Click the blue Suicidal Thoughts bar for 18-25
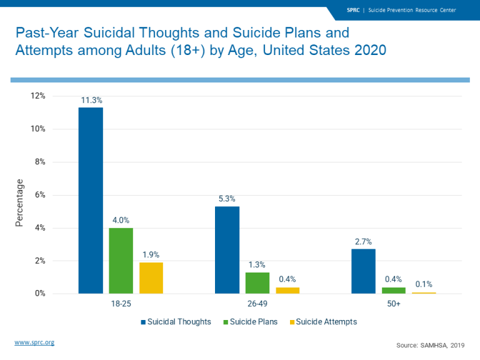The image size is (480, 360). click(91, 200)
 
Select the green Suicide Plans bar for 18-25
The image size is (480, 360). click(121, 261)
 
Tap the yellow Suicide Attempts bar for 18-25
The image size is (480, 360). click(151, 277)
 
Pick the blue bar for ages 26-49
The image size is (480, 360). click(227, 249)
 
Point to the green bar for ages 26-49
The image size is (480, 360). click(257, 282)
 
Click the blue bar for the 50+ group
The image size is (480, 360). click(363, 271)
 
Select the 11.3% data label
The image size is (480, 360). click(91, 99)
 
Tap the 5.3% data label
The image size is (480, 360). click(227, 199)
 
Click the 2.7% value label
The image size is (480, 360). click(363, 241)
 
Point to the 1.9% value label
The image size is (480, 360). click(151, 254)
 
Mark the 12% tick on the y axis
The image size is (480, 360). click(38, 96)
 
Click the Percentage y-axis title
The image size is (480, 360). click(19, 202)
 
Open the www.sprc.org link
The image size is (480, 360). click(34, 342)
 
